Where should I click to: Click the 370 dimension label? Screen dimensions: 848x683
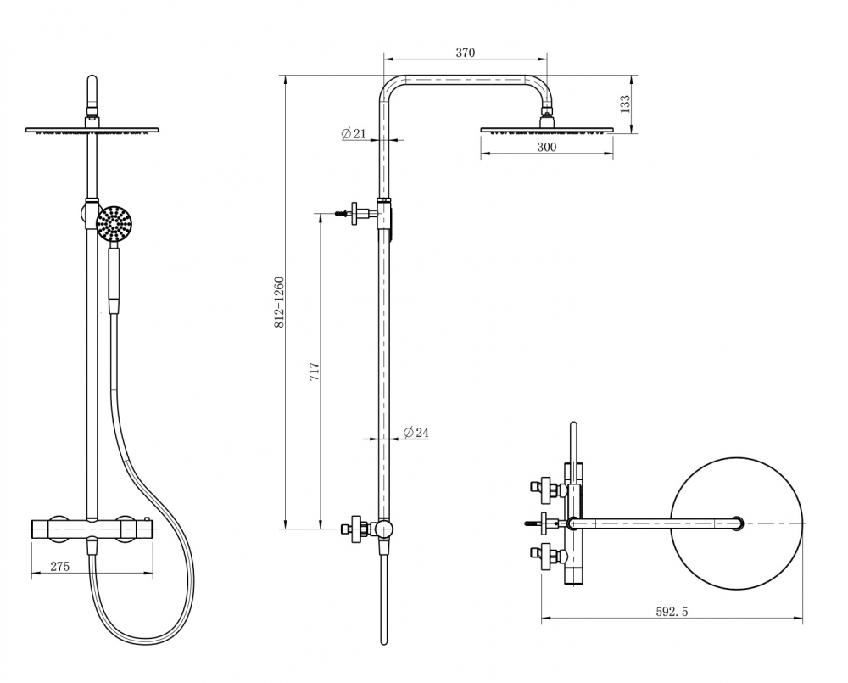coord(465,53)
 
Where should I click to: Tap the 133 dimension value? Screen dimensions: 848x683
coord(625,104)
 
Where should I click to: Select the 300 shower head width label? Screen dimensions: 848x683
coord(547,147)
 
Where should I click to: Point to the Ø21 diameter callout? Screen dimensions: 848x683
coord(354,133)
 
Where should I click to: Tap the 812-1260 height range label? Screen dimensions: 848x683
coord(279,302)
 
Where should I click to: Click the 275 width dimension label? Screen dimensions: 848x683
coord(60,566)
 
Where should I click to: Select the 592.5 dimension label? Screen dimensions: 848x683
coord(672,612)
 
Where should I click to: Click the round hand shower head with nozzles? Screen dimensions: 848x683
coord(114,222)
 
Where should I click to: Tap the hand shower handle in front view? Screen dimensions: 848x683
coord(114,279)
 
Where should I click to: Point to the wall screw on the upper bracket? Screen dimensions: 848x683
coord(343,213)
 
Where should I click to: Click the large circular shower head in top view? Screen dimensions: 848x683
coord(737,523)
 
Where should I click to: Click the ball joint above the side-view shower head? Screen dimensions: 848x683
coord(547,113)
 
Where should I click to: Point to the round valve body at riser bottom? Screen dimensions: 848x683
coord(384,529)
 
